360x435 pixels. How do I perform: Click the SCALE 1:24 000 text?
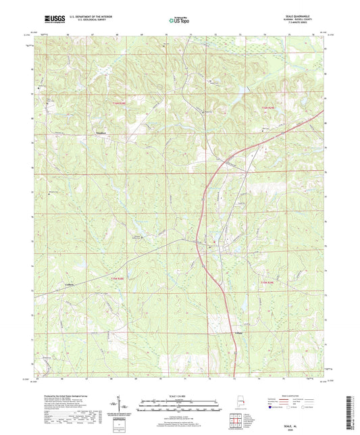tap(180, 396)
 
